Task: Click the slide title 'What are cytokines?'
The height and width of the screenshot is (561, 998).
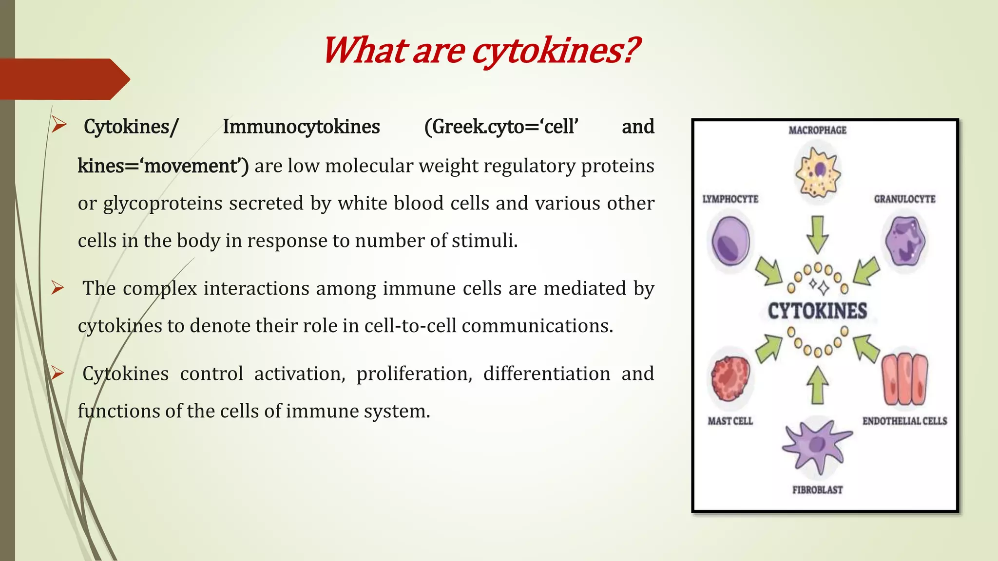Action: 480,51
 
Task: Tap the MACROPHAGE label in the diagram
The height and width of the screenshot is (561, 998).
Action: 817,130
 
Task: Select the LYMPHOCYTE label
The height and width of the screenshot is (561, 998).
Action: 730,199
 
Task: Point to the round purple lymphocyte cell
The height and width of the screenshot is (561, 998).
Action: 730,242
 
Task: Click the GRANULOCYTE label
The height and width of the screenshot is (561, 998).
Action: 904,199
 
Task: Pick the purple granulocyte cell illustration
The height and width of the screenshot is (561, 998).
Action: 905,241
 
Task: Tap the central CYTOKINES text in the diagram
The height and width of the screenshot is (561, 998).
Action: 817,311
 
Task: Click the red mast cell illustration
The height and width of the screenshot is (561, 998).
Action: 730,378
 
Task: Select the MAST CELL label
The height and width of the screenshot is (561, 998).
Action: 730,421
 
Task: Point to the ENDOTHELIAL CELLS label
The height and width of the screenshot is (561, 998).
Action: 904,421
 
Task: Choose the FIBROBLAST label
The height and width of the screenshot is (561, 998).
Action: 817,490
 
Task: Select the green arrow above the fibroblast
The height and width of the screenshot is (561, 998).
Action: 817,385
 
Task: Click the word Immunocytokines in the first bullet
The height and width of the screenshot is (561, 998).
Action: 301,127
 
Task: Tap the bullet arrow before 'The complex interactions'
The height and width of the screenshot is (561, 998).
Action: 58,288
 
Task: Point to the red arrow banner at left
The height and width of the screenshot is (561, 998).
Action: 63,79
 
